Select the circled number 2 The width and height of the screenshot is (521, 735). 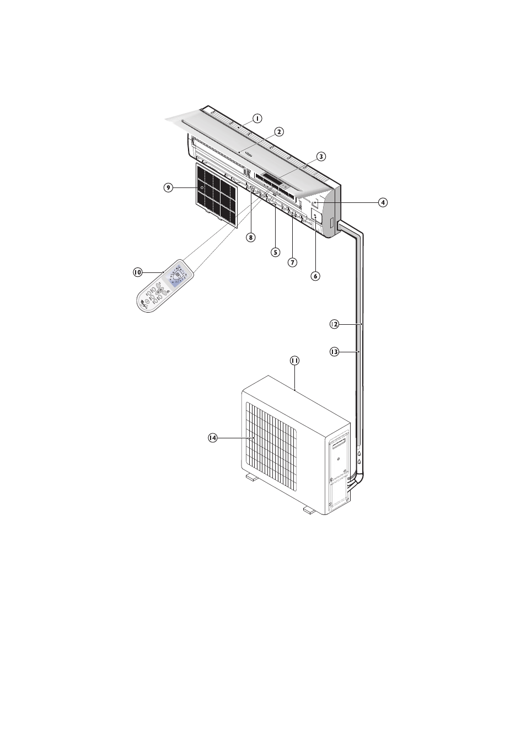pos(279,132)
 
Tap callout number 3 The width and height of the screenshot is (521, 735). pos(321,156)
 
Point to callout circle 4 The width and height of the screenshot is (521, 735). pos(383,202)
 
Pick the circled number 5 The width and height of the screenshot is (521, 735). pos(275,252)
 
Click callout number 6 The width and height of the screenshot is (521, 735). pos(315,276)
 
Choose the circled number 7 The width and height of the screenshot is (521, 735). pos(293,262)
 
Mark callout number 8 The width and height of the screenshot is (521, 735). pos(251,237)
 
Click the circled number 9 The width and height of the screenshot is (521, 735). pos(168,187)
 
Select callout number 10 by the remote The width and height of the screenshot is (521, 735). pos(138,272)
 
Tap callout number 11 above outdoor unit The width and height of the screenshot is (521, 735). pos(294,361)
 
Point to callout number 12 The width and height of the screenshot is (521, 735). pos(334,324)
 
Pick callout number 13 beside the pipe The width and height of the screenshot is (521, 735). pos(334,351)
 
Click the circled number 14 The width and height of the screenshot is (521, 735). pos(213,438)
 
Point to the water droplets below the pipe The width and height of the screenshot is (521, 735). pos(359,457)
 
